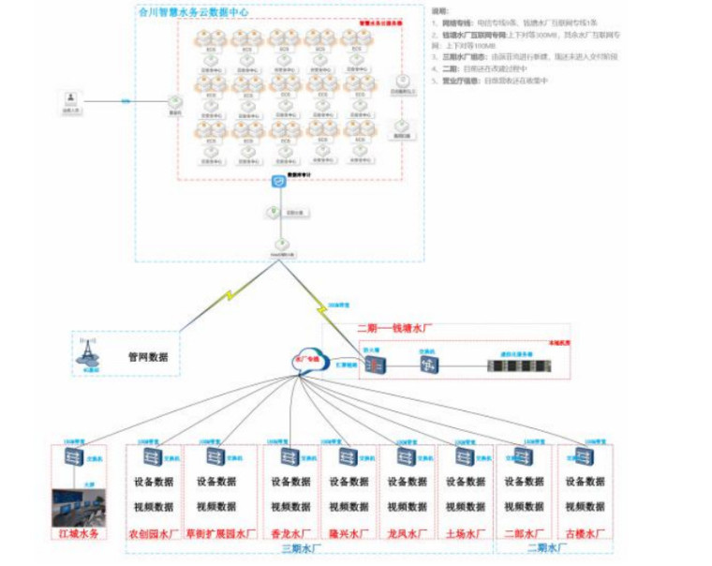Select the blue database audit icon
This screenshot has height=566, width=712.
(279, 182)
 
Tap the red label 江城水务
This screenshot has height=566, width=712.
(81, 534)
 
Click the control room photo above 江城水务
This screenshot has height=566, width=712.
(81, 507)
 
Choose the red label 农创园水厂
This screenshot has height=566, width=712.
(154, 534)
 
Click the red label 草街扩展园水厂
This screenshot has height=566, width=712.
(221, 534)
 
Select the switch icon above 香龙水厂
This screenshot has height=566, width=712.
(284, 457)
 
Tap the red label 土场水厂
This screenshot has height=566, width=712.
(466, 534)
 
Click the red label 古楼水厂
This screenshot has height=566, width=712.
(586, 534)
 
